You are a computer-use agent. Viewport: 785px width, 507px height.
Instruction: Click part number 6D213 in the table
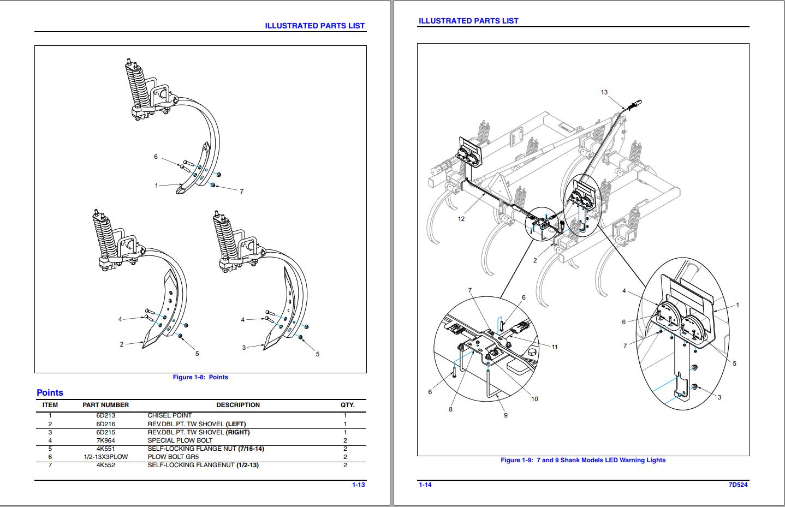[105, 415]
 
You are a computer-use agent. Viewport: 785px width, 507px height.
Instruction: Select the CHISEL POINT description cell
[170, 415]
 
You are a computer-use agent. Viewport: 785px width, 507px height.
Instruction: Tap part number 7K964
[105, 440]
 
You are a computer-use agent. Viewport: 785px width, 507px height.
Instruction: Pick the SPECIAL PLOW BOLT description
[180, 440]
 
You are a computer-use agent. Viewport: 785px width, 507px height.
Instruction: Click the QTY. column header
[347, 405]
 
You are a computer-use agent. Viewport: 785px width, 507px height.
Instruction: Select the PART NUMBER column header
[105, 405]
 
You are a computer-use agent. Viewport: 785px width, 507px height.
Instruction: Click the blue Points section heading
[50, 392]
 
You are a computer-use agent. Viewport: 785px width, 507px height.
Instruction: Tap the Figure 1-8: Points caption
[200, 377]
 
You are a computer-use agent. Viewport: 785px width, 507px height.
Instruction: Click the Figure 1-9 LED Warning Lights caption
[582, 460]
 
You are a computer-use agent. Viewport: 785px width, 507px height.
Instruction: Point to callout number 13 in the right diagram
[604, 92]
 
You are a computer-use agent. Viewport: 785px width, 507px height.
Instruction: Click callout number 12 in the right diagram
[461, 219]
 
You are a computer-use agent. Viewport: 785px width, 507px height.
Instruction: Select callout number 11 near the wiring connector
[555, 347]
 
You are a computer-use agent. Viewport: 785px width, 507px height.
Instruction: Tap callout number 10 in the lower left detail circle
[534, 399]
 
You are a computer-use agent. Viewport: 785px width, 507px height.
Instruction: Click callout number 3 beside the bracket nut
[719, 397]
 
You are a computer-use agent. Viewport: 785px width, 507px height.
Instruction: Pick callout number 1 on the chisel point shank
[156, 186]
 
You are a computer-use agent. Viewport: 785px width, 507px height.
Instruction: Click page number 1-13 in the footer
[358, 485]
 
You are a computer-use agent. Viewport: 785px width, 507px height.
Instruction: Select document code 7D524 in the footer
[738, 485]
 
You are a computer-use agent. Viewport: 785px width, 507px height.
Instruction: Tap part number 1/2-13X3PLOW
[105, 457]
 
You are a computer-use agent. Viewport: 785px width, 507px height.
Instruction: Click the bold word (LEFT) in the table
[236, 424]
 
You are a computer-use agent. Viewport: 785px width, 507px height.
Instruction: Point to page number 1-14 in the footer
[425, 485]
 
